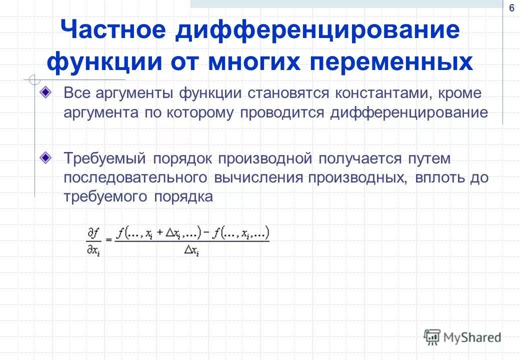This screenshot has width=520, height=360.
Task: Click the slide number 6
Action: pyautogui.click(x=511, y=8)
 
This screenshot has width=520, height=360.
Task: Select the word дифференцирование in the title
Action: pyautogui.click(x=317, y=30)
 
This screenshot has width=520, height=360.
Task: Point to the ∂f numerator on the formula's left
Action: pyautogui.click(x=93, y=233)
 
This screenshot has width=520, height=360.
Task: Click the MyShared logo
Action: pyautogui.click(x=462, y=337)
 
